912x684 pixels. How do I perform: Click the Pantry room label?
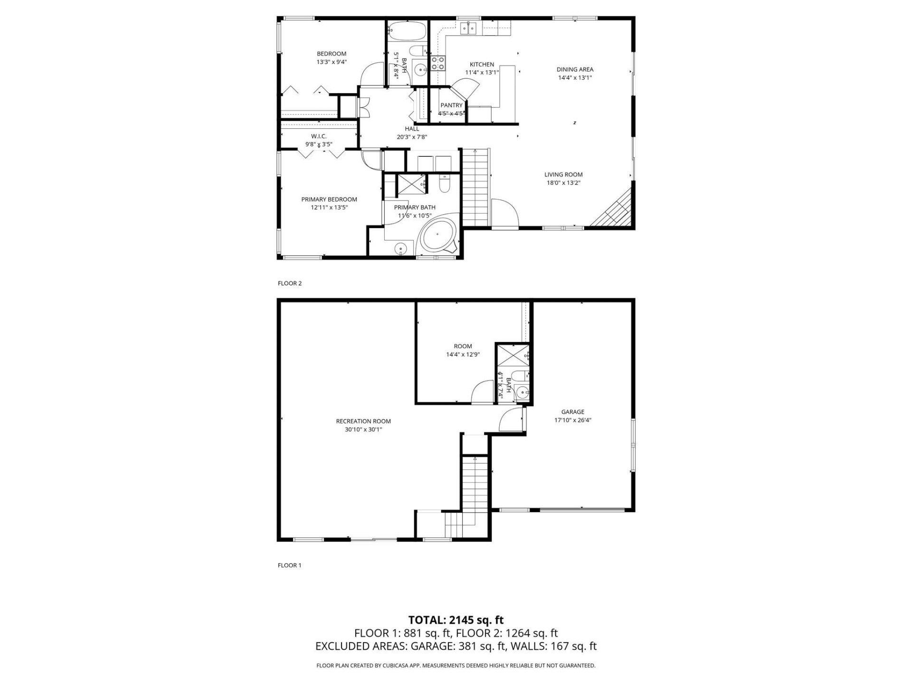tap(451, 105)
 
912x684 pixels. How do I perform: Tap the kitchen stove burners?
tap(438, 63)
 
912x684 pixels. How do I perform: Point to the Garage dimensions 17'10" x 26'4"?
tap(572, 420)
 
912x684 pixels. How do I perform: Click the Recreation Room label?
tap(363, 421)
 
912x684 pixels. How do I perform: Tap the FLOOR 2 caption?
tap(290, 284)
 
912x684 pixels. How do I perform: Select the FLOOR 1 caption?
tap(290, 565)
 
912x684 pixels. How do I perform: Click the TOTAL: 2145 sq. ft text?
tap(456, 620)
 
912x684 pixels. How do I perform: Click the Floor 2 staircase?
tap(475, 188)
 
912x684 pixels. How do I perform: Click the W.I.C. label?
tap(319, 136)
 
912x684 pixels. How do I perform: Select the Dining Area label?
tap(575, 69)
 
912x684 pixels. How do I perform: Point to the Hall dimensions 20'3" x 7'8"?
tap(412, 137)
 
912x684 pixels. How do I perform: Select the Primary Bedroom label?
tap(329, 199)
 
